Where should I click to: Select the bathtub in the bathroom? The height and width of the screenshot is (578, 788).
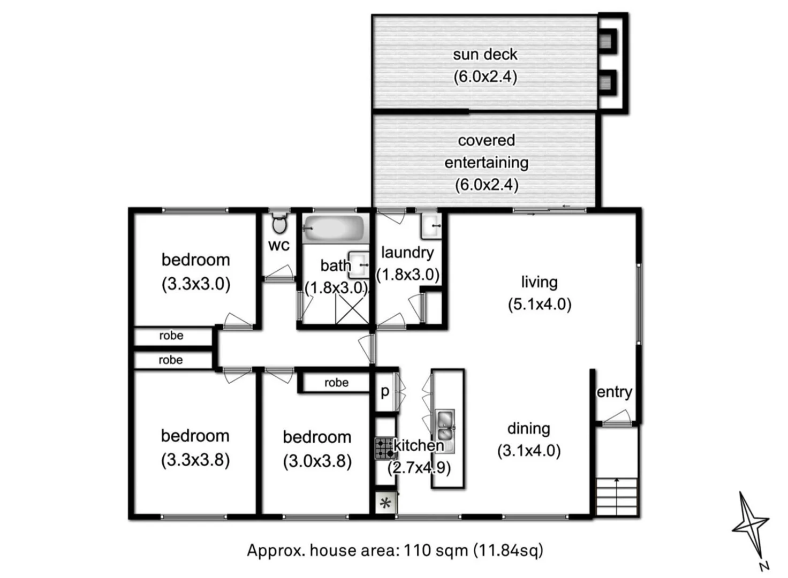[x=335, y=229]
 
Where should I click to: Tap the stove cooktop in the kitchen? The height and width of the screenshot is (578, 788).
[x=384, y=448]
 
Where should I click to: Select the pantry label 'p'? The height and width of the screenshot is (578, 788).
[x=385, y=392]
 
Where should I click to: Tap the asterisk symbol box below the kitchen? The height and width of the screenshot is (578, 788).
[x=385, y=504]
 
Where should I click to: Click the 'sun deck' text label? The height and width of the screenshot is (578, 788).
[x=485, y=55]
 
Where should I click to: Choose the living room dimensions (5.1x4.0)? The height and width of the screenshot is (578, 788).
[x=540, y=305]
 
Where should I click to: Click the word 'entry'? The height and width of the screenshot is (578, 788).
[x=615, y=392]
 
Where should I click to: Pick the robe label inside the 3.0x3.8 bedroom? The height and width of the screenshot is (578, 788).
[x=336, y=383]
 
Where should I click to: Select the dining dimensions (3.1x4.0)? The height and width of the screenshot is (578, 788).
[x=529, y=451]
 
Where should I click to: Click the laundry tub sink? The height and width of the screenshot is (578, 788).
[x=430, y=226]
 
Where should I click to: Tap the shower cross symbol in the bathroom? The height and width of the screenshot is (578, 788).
[x=351, y=310]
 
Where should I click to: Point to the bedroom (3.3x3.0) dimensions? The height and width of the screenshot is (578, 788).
[x=196, y=284]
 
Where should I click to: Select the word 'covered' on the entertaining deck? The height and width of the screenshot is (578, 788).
[x=486, y=140]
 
